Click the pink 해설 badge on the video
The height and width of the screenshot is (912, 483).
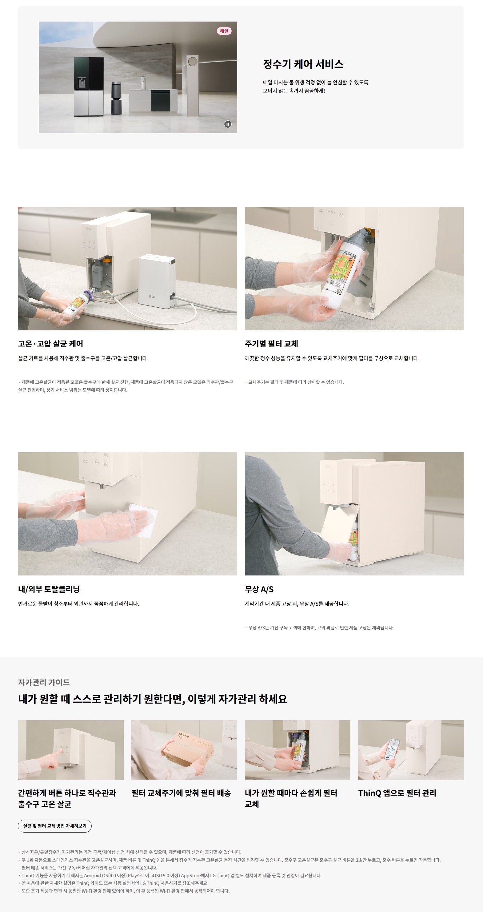(224, 31)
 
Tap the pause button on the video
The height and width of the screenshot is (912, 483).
(228, 124)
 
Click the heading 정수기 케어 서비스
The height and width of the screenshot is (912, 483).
(303, 64)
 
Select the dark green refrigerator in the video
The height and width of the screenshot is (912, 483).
(89, 87)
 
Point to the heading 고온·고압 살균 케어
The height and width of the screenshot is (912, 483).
(50, 344)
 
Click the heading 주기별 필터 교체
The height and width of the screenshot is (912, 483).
(271, 344)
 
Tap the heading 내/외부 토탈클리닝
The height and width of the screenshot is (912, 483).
(49, 589)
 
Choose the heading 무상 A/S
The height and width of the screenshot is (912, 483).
(259, 589)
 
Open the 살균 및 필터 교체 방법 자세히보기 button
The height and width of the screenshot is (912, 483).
(54, 826)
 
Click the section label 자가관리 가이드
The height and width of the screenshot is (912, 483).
(44, 682)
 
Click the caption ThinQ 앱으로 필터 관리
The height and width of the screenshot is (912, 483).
(397, 793)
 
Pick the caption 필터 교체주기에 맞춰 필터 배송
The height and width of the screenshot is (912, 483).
(181, 793)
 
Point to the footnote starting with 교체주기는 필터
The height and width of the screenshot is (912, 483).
(294, 382)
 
